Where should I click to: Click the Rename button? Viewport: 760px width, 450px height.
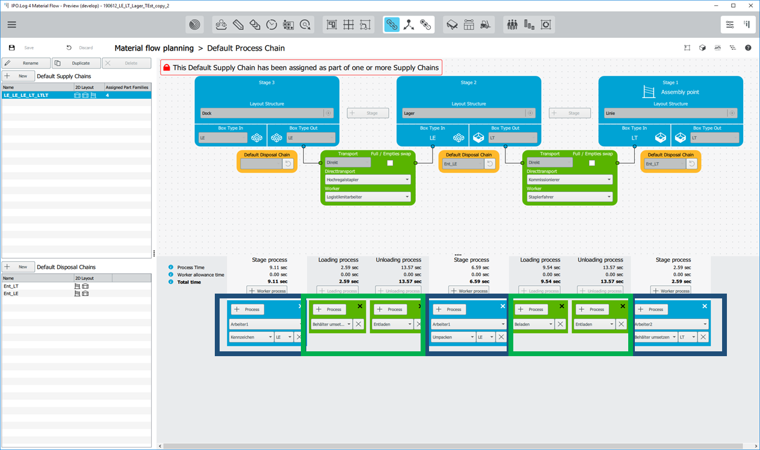[x=26, y=63]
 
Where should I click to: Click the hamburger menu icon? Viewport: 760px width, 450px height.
[x=12, y=25]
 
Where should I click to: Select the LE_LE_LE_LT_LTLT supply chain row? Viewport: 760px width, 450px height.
[x=36, y=95]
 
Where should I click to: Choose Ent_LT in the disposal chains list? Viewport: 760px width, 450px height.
[x=11, y=286]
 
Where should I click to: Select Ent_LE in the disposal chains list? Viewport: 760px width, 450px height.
[x=11, y=294]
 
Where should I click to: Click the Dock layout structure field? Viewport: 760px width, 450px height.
[x=262, y=113]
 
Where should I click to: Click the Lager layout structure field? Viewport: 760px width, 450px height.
[x=464, y=113]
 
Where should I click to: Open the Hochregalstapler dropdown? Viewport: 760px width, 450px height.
[x=368, y=179]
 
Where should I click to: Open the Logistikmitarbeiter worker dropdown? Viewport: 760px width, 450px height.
[x=368, y=197]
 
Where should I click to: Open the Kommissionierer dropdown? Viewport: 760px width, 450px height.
[x=569, y=179]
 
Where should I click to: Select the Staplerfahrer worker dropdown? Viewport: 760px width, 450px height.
[x=569, y=197]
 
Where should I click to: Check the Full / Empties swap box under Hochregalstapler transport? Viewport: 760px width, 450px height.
[x=390, y=163]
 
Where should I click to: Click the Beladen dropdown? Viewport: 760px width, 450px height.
[x=533, y=324]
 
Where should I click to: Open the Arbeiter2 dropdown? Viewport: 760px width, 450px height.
[x=671, y=324]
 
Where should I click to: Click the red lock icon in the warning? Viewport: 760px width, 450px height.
[x=167, y=67]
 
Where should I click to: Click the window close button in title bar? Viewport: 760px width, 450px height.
[x=750, y=5]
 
